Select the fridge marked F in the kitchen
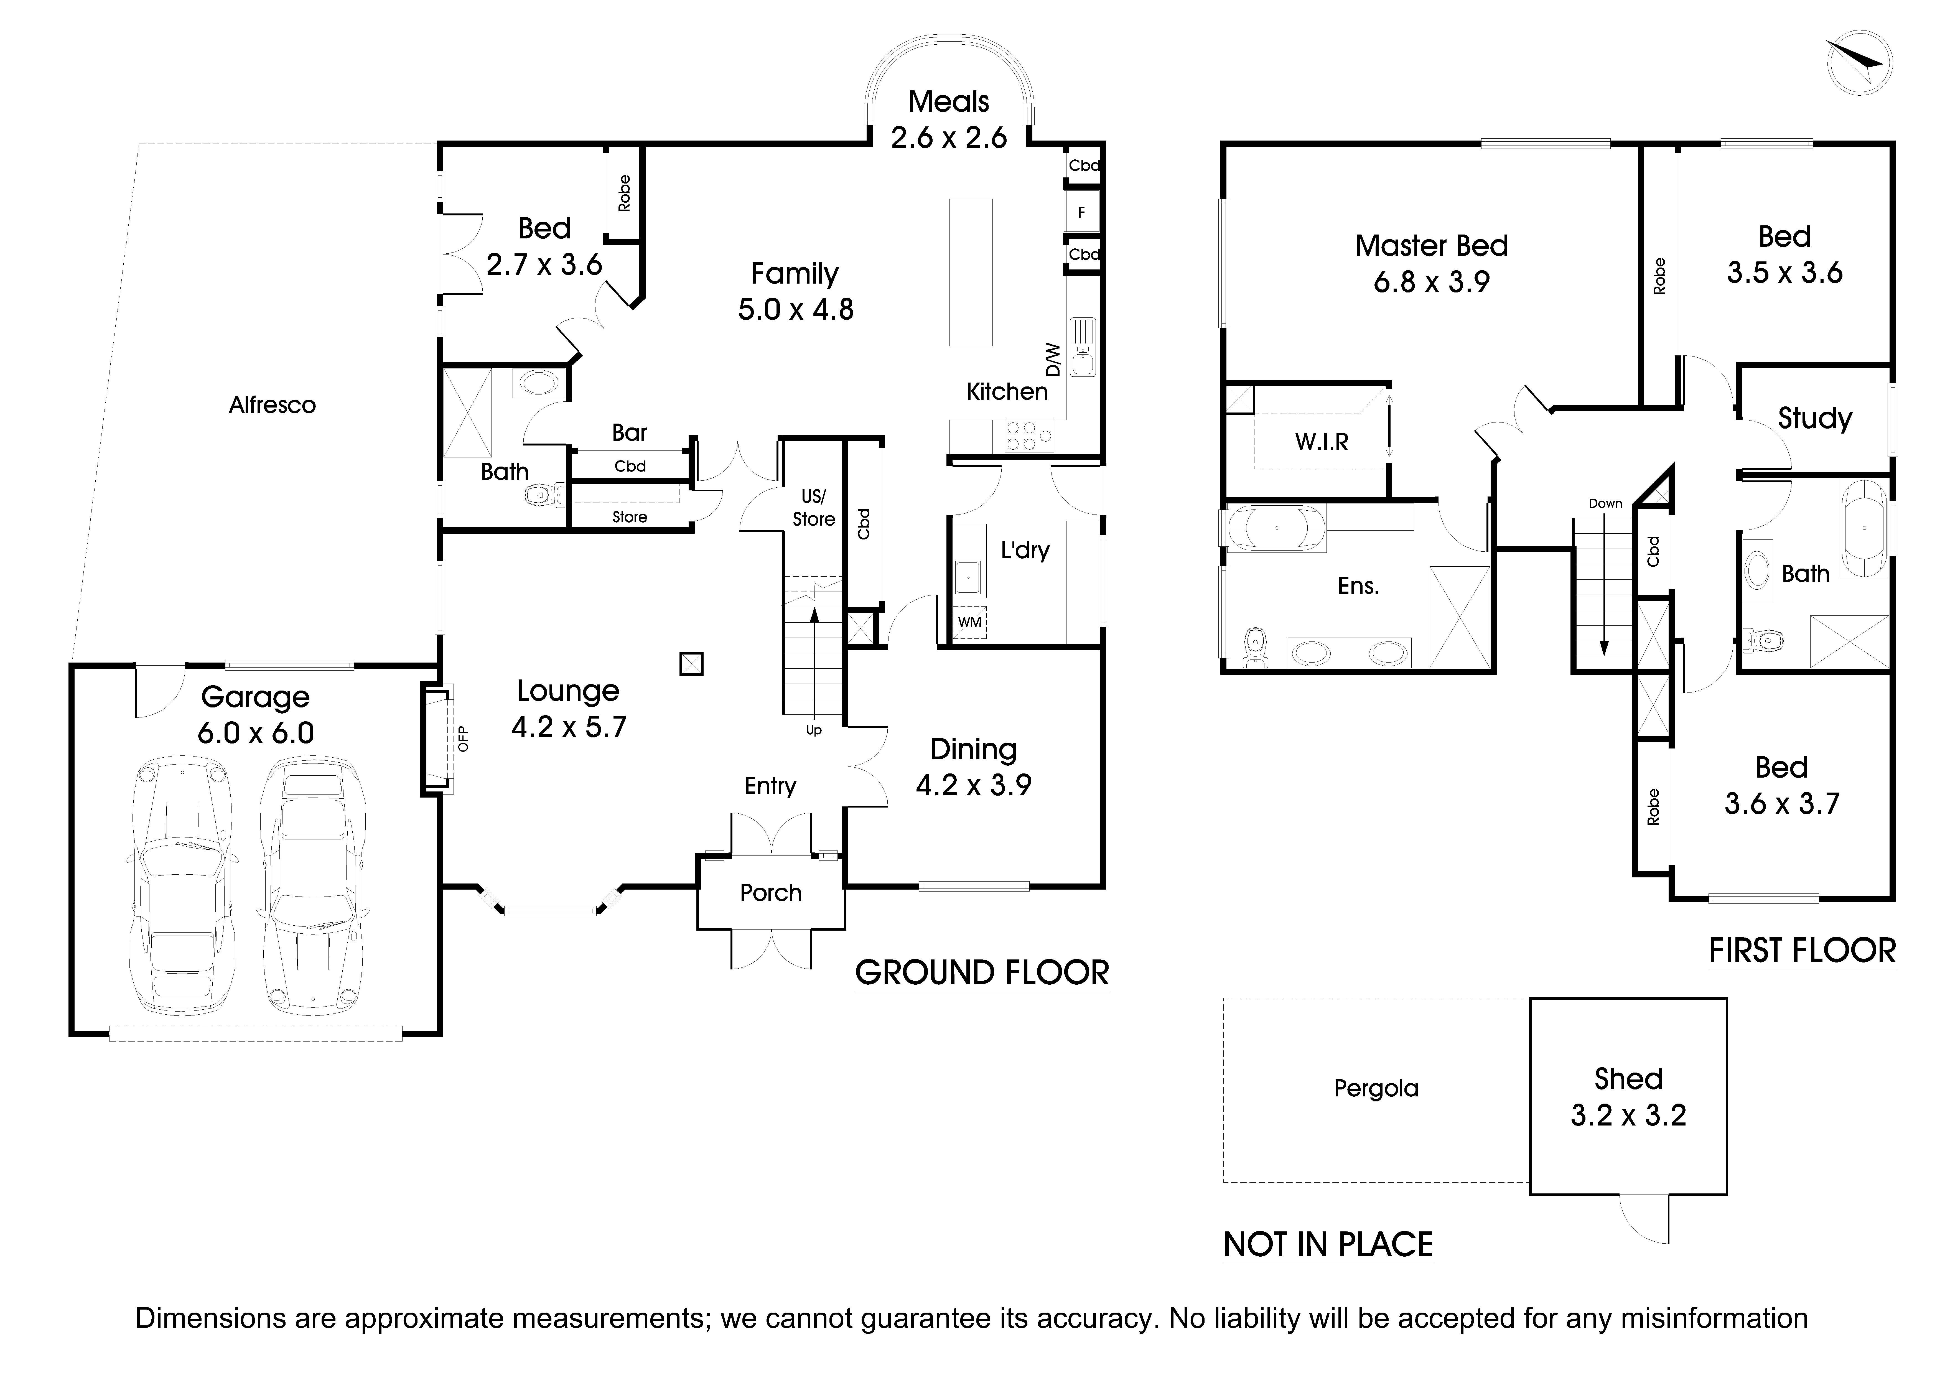tap(1081, 213)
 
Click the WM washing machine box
tap(969, 622)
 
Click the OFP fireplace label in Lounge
tap(462, 739)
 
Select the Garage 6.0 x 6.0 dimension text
tap(256, 733)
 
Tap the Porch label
tap(770, 893)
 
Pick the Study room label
tap(1814, 419)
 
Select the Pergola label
tap(1376, 1089)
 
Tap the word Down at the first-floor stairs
tap(1605, 503)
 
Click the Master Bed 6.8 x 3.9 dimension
tap(1432, 282)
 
